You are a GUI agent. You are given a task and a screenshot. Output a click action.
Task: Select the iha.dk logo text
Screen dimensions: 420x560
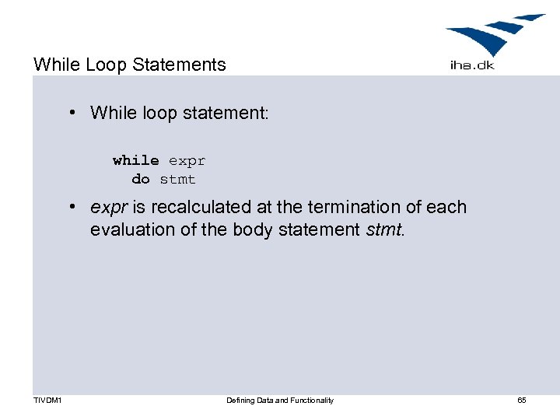[471, 65]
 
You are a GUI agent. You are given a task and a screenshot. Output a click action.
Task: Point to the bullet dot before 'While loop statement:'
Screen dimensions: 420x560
[71, 113]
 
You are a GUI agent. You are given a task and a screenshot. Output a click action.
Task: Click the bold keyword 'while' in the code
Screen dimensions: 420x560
[135, 160]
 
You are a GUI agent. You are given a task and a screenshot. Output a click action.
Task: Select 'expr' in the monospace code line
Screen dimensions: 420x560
[187, 160]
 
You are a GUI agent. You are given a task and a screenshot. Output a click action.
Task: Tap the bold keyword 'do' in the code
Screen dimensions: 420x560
[141, 179]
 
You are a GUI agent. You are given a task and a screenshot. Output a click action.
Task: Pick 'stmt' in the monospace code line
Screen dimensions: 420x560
[178, 179]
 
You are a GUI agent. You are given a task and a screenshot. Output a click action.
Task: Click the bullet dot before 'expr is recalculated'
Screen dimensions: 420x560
[71, 207]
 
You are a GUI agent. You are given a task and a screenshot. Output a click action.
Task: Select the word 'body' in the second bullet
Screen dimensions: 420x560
[250, 230]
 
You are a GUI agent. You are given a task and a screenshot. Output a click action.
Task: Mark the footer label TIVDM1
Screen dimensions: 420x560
[49, 401]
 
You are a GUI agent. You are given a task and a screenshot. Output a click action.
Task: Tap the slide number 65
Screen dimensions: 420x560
[522, 401]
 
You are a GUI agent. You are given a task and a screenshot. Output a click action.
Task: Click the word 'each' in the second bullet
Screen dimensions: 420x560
[447, 208]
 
